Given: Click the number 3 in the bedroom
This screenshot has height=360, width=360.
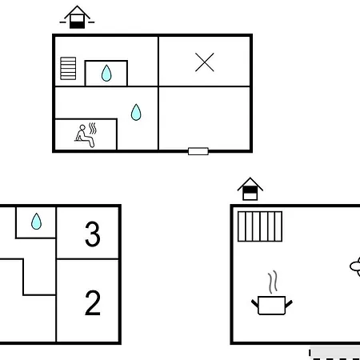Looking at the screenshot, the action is [93, 234].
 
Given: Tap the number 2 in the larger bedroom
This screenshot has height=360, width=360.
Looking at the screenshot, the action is [93, 302].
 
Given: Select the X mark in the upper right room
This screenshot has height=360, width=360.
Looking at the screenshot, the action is [205, 62].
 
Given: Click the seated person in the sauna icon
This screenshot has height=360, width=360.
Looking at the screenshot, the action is [85, 136].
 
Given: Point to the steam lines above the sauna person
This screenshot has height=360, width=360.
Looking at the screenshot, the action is [93, 128].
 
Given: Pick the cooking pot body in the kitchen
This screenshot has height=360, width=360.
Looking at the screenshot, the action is [272, 306].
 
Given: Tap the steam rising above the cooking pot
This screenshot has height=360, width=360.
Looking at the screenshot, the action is [273, 282].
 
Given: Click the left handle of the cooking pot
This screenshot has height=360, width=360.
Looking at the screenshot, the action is [255, 303].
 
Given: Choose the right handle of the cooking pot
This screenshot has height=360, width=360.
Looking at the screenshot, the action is [289, 303].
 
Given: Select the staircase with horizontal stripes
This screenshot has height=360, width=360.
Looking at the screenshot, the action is [68, 68].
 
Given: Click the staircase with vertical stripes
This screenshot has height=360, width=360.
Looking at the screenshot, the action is [260, 226].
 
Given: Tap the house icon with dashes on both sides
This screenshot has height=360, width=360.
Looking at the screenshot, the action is [77, 17].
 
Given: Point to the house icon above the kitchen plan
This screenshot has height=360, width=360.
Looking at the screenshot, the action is [250, 189].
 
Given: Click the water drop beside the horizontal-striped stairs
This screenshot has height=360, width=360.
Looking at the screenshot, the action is [106, 73].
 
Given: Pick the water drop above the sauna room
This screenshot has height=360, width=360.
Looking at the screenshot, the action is [136, 112].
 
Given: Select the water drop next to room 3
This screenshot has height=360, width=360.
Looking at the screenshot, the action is [36, 222].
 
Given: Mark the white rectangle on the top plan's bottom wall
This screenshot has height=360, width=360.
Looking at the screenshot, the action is [198, 151].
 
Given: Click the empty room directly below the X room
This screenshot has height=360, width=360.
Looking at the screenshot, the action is [205, 118].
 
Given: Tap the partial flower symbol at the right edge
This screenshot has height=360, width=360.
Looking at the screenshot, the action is [355, 266].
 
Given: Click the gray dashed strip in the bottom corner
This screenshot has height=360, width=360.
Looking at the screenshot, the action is [334, 354].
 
